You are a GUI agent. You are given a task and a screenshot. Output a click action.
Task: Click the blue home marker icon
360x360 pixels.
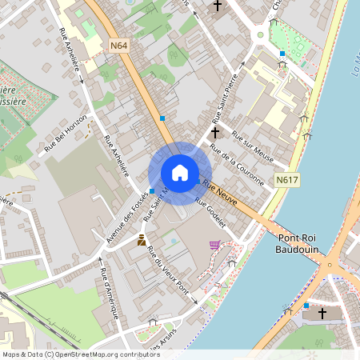179,173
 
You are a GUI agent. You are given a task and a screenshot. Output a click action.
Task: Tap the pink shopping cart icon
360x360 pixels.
214,245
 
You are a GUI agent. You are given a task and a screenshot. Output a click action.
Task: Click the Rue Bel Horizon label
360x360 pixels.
65,135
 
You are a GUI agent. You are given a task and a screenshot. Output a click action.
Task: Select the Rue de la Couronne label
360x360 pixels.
236,165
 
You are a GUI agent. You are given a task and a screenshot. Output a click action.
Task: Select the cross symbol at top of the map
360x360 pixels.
217,6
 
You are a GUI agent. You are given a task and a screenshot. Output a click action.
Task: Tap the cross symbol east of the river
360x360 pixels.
323,313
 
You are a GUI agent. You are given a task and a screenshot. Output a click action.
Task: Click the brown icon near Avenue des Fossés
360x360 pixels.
142,239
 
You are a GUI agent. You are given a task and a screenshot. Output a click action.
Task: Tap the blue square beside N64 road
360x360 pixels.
162,118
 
